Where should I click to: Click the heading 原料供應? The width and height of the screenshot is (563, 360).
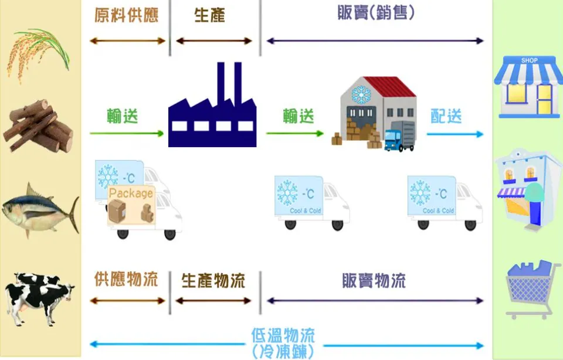(x=127, y=15)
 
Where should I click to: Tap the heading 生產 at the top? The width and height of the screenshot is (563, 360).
(x=210, y=15)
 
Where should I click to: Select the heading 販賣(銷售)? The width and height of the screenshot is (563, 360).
(x=376, y=12)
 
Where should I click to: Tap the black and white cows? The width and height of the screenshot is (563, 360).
(x=39, y=298)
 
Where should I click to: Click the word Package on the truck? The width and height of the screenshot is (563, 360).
(x=131, y=193)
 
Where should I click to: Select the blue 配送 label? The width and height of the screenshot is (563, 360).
(x=446, y=116)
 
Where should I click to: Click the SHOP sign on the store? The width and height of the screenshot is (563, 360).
(x=529, y=60)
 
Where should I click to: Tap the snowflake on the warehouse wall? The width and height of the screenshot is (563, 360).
(x=361, y=95)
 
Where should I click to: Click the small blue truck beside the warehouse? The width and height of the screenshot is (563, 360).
(x=399, y=137)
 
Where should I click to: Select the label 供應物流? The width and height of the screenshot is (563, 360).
(x=127, y=279)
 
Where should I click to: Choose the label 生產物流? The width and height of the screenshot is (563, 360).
(x=213, y=281)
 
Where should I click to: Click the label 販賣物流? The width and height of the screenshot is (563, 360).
(x=374, y=281)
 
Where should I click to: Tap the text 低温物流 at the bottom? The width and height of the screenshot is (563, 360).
(x=283, y=335)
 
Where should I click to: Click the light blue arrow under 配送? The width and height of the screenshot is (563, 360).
(x=455, y=134)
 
